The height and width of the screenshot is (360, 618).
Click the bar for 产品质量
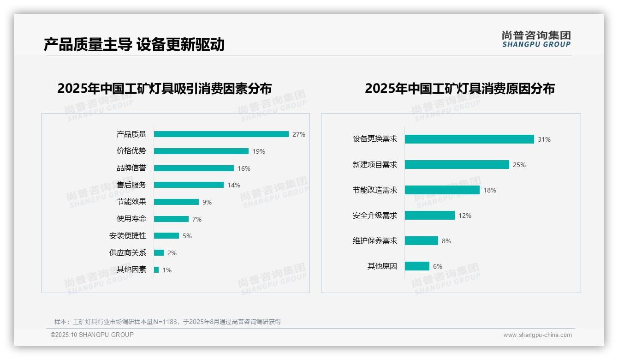pyautogui.click(x=221, y=134)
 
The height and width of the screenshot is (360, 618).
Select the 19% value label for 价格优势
pyautogui.click(x=259, y=151)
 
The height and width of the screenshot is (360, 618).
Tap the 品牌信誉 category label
pyautogui.click(x=131, y=168)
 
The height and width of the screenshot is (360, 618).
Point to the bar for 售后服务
pyautogui.click(x=189, y=185)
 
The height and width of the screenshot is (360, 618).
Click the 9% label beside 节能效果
pyautogui.click(x=207, y=202)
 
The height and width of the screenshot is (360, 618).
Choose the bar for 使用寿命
pyautogui.click(x=171, y=219)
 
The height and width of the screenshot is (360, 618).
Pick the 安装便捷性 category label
pyautogui.click(x=128, y=236)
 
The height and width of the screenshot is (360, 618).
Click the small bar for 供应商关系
pyautogui.click(x=159, y=253)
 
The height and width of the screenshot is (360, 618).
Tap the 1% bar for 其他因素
pyautogui.click(x=156, y=270)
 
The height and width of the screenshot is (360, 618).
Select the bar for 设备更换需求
pyautogui.click(x=469, y=139)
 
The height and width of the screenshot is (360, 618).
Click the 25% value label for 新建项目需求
pyautogui.click(x=519, y=165)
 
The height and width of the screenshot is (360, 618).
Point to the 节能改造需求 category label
pyautogui.click(x=375, y=190)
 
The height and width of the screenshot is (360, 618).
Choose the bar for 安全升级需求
pyautogui.click(x=430, y=216)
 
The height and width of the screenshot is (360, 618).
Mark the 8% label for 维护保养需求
pyautogui.click(x=446, y=241)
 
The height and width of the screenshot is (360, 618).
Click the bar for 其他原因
pyautogui.click(x=417, y=266)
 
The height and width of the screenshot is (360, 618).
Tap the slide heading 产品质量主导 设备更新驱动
pyautogui.click(x=134, y=45)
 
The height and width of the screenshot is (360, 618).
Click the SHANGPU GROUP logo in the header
pyautogui.click(x=536, y=39)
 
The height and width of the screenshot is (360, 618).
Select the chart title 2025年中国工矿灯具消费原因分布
pyautogui.click(x=460, y=89)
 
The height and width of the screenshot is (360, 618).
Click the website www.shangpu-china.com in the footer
pyautogui.click(x=537, y=335)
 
